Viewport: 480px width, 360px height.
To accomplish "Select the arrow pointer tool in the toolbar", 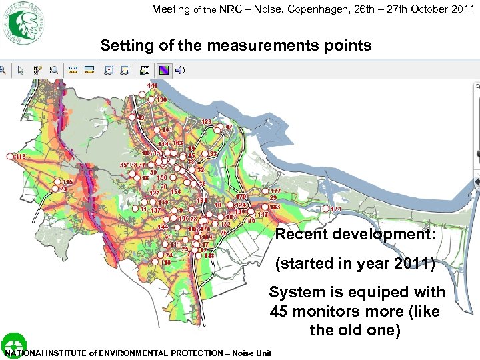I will click(21, 69).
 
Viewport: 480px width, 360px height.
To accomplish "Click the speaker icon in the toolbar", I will click(180, 69).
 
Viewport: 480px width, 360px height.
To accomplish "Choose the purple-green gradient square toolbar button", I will click(163, 69).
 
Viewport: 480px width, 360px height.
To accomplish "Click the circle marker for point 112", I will click(9, 156).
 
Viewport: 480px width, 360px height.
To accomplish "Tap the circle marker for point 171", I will click(326, 209).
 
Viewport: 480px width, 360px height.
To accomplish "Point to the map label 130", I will click(162, 100).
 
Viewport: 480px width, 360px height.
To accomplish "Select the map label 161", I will click(167, 129).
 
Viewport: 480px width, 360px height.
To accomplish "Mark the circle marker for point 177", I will click(265, 191).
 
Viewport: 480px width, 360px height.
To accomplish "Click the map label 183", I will click(275, 207).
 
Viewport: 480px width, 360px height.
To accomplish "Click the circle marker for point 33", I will click(205, 154).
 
